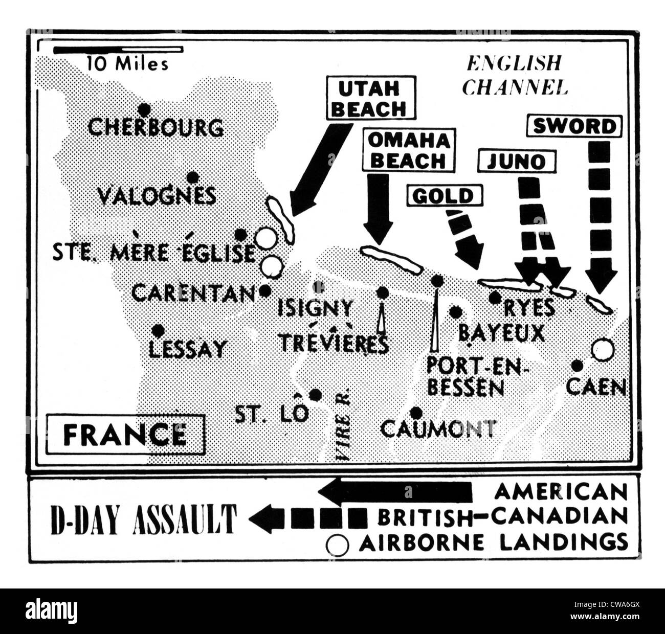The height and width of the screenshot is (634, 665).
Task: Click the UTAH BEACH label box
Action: point(371,99)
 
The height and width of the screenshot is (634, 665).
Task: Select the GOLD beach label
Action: point(444,196)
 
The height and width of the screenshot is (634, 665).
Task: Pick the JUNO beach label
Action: point(517,162)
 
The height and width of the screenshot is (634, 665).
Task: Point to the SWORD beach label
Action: point(574,126)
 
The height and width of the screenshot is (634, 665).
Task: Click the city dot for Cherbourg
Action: point(145,109)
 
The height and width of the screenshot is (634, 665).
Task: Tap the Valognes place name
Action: point(157,196)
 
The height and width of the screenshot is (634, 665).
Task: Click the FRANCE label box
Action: point(125,435)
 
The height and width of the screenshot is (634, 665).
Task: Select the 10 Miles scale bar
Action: point(118,50)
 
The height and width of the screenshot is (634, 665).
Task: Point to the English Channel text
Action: point(514,75)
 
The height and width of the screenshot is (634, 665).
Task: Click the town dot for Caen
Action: point(577,366)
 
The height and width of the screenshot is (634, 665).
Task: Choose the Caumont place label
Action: point(438,428)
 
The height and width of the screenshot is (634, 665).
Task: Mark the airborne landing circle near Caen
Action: point(602,350)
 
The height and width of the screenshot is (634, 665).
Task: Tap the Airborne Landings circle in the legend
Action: point(338,545)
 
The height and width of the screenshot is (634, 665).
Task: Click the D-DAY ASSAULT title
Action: point(144,518)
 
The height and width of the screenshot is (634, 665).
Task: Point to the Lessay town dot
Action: point(158,330)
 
